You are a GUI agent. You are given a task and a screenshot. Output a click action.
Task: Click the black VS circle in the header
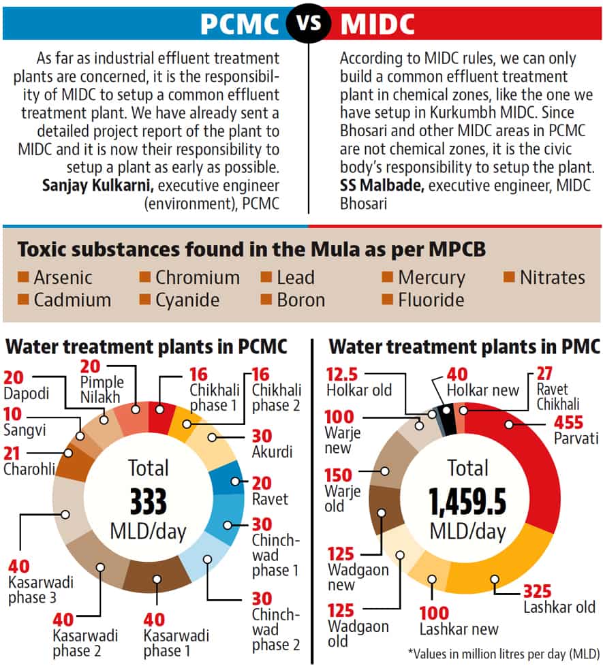(x=309, y=22)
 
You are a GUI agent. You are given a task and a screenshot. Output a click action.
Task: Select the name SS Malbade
(x=382, y=185)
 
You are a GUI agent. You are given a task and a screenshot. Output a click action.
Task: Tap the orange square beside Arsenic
(x=23, y=277)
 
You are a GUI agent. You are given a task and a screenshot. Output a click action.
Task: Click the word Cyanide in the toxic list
(x=187, y=300)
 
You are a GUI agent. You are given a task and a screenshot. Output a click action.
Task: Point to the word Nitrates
(x=553, y=277)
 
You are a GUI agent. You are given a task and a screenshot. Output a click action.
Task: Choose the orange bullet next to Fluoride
(x=387, y=300)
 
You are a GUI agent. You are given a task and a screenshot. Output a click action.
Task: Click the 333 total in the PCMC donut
(x=149, y=501)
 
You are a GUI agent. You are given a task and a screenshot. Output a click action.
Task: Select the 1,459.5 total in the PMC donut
(x=467, y=501)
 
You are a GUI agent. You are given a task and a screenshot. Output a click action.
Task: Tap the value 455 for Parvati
(x=568, y=423)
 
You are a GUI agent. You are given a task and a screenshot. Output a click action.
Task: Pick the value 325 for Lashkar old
(x=538, y=591)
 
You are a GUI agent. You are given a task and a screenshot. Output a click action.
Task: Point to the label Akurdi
(x=272, y=451)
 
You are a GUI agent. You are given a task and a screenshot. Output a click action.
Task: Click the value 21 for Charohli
(x=12, y=454)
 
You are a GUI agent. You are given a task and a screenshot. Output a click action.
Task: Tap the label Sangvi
(x=25, y=430)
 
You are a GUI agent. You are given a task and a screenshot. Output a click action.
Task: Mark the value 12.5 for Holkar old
(x=342, y=375)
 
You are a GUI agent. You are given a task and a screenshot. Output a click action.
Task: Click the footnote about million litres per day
(x=504, y=654)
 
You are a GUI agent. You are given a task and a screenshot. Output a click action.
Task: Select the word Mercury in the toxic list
(x=431, y=278)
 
